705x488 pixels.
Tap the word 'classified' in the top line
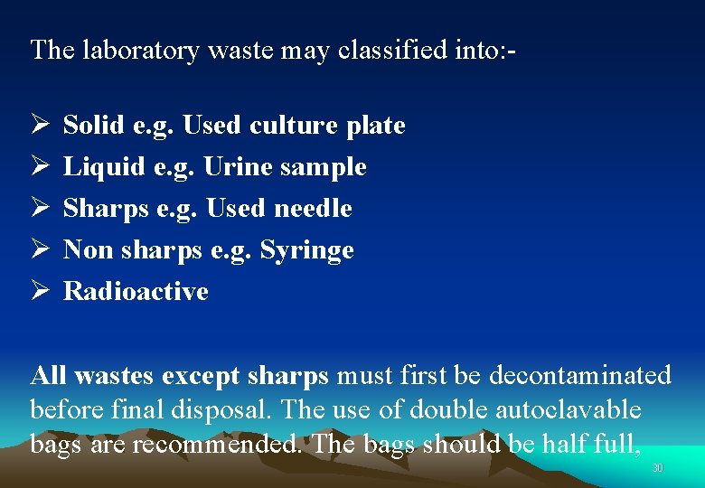(x=392, y=50)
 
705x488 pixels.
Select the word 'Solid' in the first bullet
(x=95, y=126)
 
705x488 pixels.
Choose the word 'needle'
(x=313, y=209)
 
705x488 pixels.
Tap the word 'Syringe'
(x=307, y=250)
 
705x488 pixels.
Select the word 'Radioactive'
(x=136, y=292)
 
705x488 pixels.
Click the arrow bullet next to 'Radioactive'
(x=39, y=291)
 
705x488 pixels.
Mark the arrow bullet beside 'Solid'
(x=39, y=125)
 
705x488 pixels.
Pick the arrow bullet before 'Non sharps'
(x=39, y=249)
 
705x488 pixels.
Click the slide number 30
(x=657, y=468)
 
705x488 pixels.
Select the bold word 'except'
(x=201, y=375)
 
